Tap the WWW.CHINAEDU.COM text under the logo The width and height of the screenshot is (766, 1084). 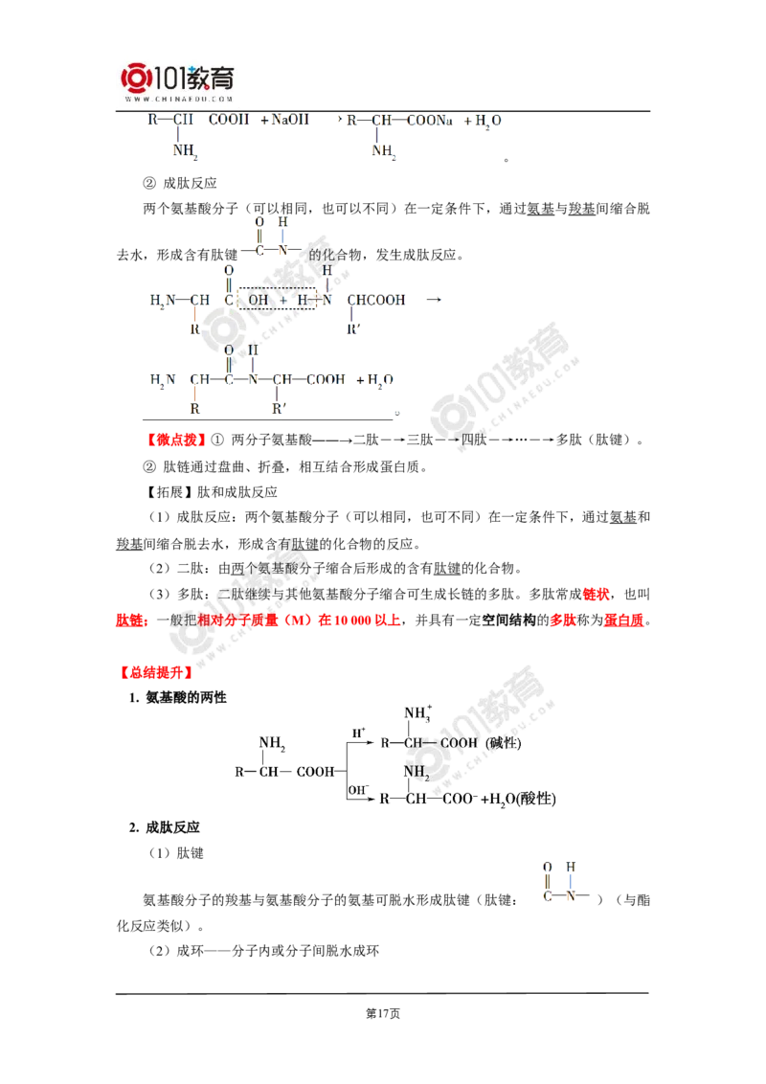[x=178, y=98]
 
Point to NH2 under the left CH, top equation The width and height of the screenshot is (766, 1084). [x=183, y=151]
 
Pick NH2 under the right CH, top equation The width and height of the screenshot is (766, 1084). [x=382, y=151]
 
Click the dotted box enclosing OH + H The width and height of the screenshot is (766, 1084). [x=277, y=301]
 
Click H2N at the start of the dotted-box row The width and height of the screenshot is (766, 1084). [x=161, y=301]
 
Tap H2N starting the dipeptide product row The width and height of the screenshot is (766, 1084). [x=161, y=380]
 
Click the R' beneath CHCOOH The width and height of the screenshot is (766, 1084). [x=352, y=328]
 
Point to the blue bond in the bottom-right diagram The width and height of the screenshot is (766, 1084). [x=570, y=881]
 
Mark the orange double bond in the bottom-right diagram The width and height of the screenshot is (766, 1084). [x=547, y=881]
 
